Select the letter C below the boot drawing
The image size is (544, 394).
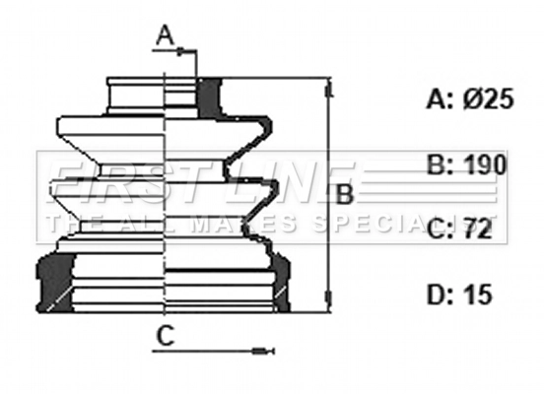point(166,336)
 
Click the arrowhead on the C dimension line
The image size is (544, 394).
point(262,350)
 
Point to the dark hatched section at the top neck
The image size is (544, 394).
point(208,96)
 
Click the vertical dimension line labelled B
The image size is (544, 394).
point(326,197)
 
